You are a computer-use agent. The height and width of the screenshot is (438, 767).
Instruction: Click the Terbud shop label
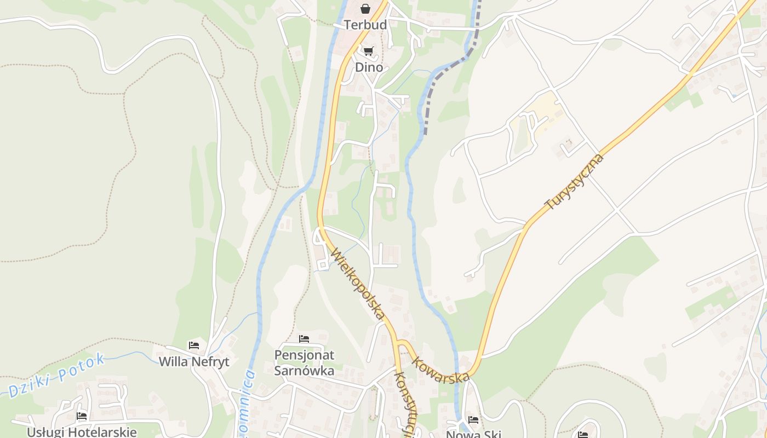pyautogui.click(x=365, y=25)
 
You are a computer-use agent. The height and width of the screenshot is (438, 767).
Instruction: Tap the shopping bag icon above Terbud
pyautogui.click(x=365, y=9)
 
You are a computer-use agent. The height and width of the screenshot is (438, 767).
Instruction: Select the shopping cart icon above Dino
pyautogui.click(x=368, y=51)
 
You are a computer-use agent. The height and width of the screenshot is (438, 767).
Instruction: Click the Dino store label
pyautogui.click(x=369, y=67)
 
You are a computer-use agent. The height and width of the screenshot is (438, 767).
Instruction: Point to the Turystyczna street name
pyautogui.click(x=574, y=182)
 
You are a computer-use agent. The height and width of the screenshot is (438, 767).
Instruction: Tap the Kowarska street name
pyautogui.click(x=440, y=370)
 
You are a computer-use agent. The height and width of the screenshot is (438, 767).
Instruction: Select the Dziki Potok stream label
pyautogui.click(x=56, y=376)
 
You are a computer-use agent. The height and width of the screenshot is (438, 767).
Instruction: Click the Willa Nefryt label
pyautogui.click(x=194, y=362)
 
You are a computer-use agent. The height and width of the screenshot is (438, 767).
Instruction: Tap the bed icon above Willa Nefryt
pyautogui.click(x=194, y=345)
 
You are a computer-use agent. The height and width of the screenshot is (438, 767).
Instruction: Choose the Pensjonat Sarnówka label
pyautogui.click(x=304, y=362)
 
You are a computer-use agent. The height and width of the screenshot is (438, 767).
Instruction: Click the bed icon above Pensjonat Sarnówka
pyautogui.click(x=304, y=339)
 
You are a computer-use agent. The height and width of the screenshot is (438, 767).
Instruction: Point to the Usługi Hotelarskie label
pyautogui.click(x=82, y=431)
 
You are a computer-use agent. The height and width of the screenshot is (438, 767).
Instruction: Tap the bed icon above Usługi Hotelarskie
pyautogui.click(x=82, y=416)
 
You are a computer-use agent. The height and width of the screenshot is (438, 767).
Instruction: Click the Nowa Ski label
pyautogui.click(x=473, y=434)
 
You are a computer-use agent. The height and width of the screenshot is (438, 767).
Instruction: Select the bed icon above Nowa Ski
pyautogui.click(x=473, y=420)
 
